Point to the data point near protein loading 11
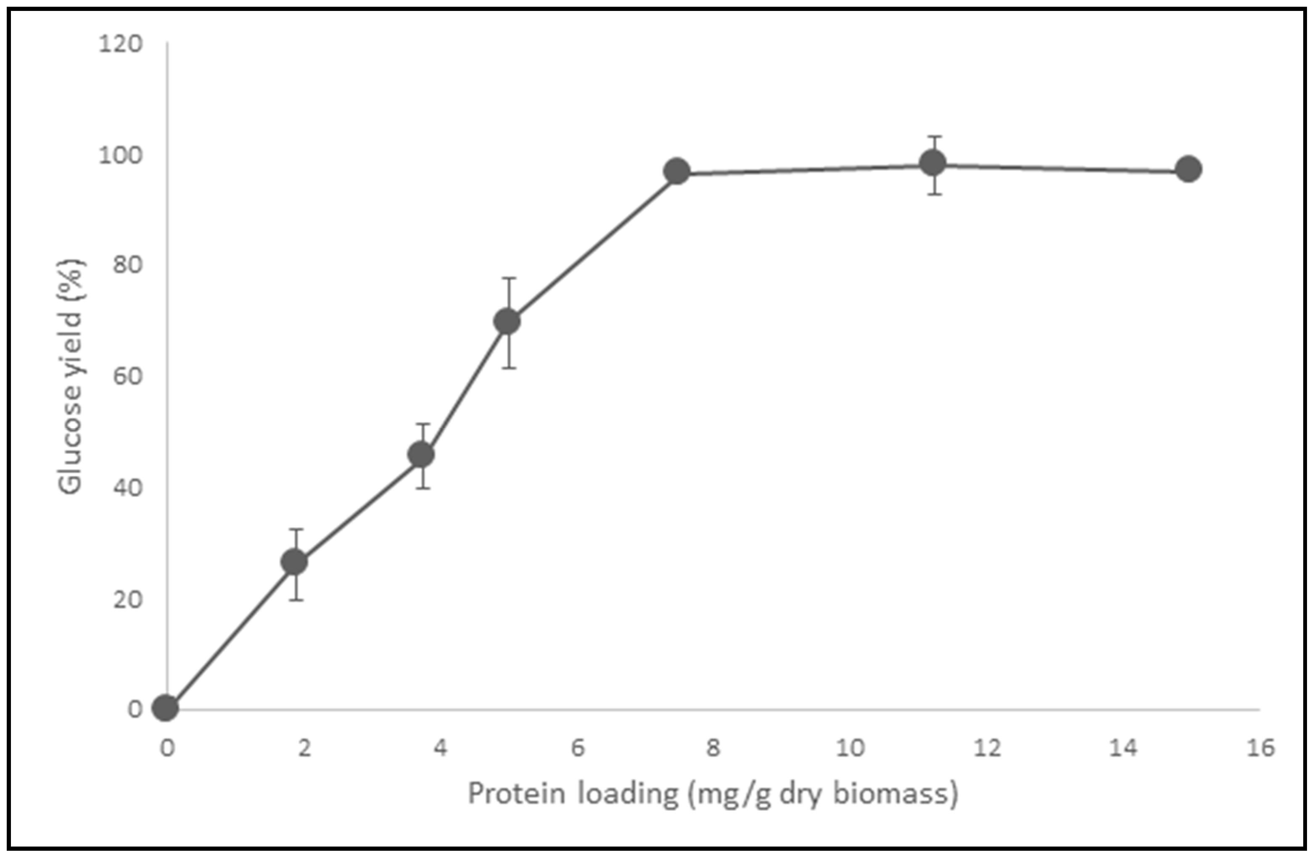point(933,163)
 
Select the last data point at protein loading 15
point(1188,169)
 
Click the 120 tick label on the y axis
point(121,44)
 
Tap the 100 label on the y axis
point(121,155)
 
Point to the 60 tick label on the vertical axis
point(128,377)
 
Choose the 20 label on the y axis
point(128,599)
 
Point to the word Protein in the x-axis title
point(517,794)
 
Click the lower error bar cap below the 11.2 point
point(934,195)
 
